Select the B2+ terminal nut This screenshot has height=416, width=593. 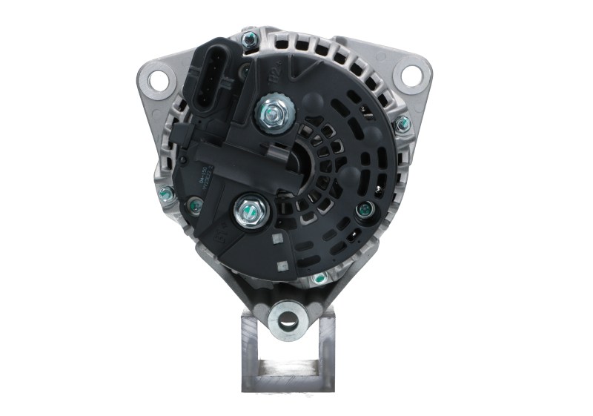(267, 113)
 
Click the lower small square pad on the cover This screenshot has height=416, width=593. (280, 263)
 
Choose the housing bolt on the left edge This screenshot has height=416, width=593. (165, 195)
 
